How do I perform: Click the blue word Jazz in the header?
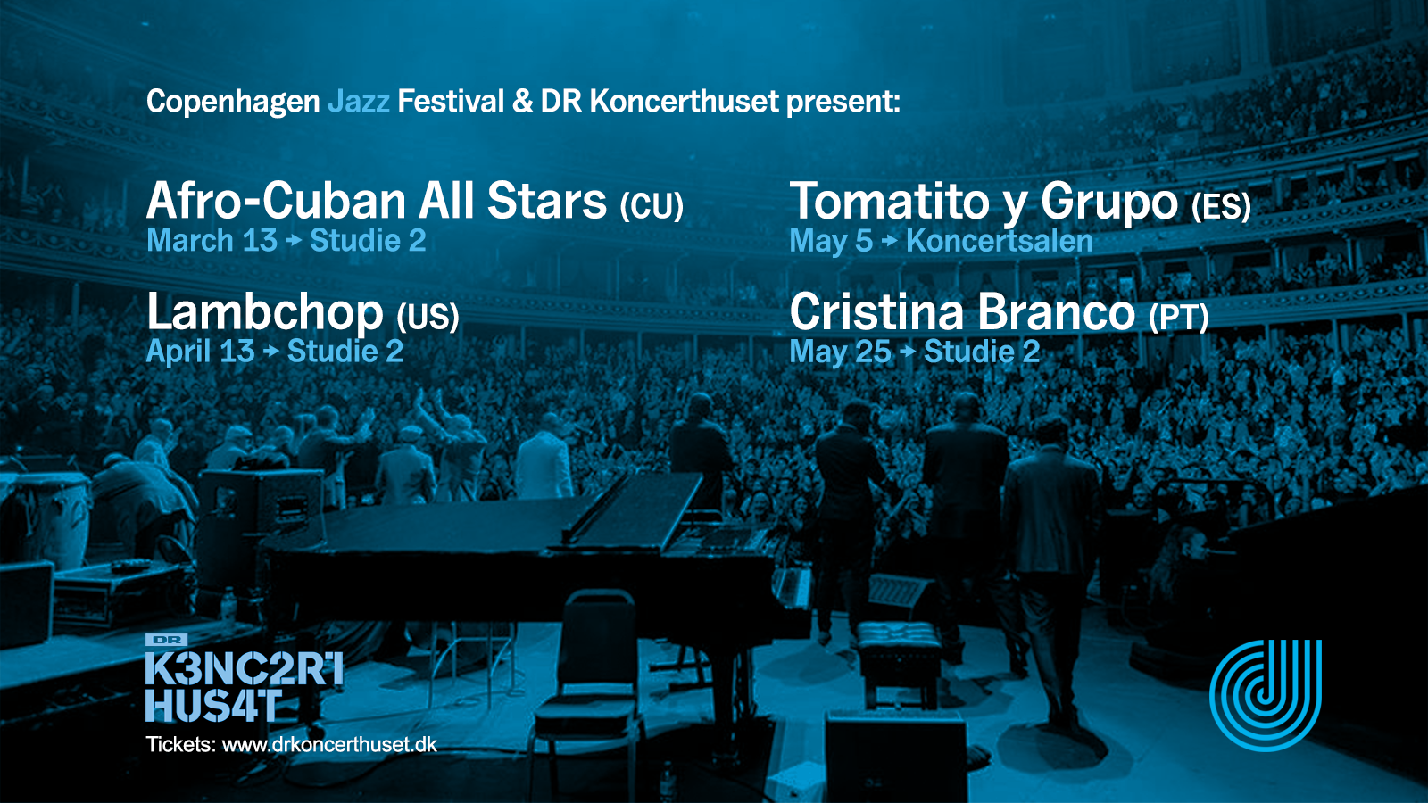(x=358, y=102)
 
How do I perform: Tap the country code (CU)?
(x=652, y=206)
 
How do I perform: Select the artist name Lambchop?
(x=264, y=311)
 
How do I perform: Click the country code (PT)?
(x=1179, y=318)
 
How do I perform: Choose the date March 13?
(x=212, y=241)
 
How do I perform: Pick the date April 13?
(x=201, y=352)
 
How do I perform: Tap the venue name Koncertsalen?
(x=999, y=241)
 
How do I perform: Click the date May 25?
(x=840, y=352)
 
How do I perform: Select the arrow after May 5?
(x=889, y=241)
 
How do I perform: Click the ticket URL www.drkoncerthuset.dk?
(x=329, y=744)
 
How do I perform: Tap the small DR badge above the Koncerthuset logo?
(x=166, y=640)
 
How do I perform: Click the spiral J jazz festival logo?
(x=1266, y=695)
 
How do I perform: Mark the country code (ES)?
(x=1222, y=206)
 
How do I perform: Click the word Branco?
(x=1057, y=312)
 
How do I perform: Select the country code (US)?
(x=428, y=318)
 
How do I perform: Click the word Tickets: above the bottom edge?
(x=181, y=744)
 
